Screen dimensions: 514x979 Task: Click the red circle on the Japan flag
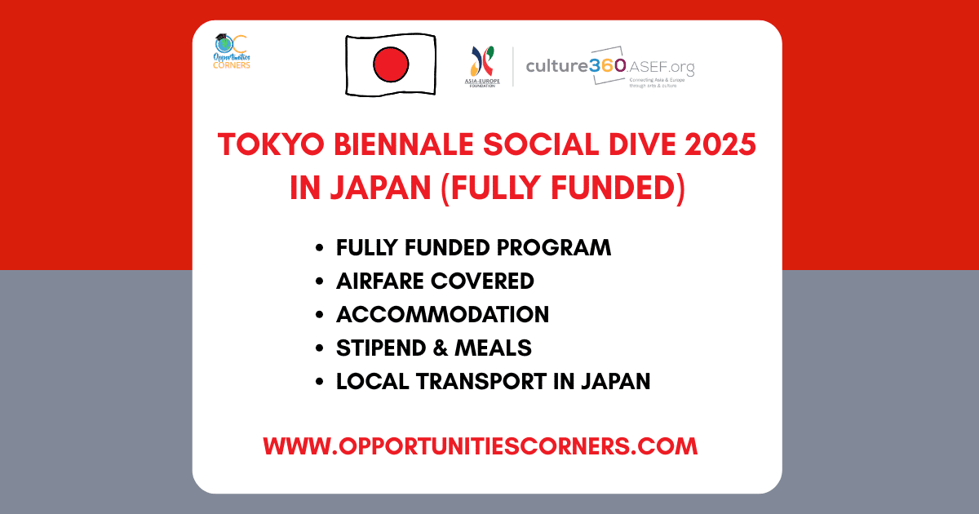[x=390, y=64]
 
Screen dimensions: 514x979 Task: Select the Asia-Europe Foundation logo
[x=482, y=66]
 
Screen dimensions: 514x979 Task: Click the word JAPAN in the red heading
[x=379, y=188]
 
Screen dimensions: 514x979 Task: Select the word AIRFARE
[x=379, y=281]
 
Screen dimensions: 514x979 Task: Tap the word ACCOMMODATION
[x=442, y=314]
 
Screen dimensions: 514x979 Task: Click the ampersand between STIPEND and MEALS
[x=439, y=348]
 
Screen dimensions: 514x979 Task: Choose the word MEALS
[x=494, y=348]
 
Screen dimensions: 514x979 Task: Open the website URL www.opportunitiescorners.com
[x=481, y=446]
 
